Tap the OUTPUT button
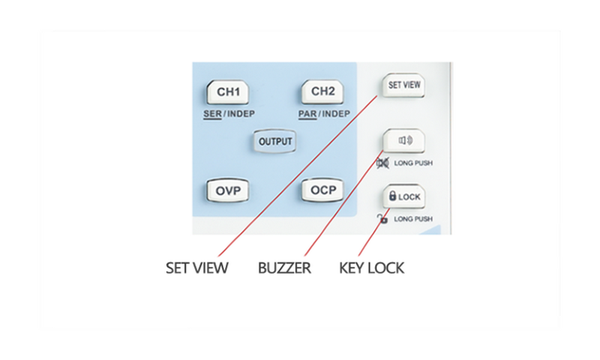tap(275, 141)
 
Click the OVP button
tap(227, 190)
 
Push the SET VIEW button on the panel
tap(403, 85)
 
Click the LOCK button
tap(404, 196)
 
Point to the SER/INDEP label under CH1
tap(229, 114)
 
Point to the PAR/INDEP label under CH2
tap(325, 114)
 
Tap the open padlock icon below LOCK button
tap(382, 219)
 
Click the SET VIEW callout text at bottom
tap(196, 268)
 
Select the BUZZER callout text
tap(284, 268)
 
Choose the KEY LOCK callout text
tap(371, 268)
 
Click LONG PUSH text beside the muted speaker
tap(413, 163)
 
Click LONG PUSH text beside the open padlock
tap(413, 219)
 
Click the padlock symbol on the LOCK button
tap(392, 196)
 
